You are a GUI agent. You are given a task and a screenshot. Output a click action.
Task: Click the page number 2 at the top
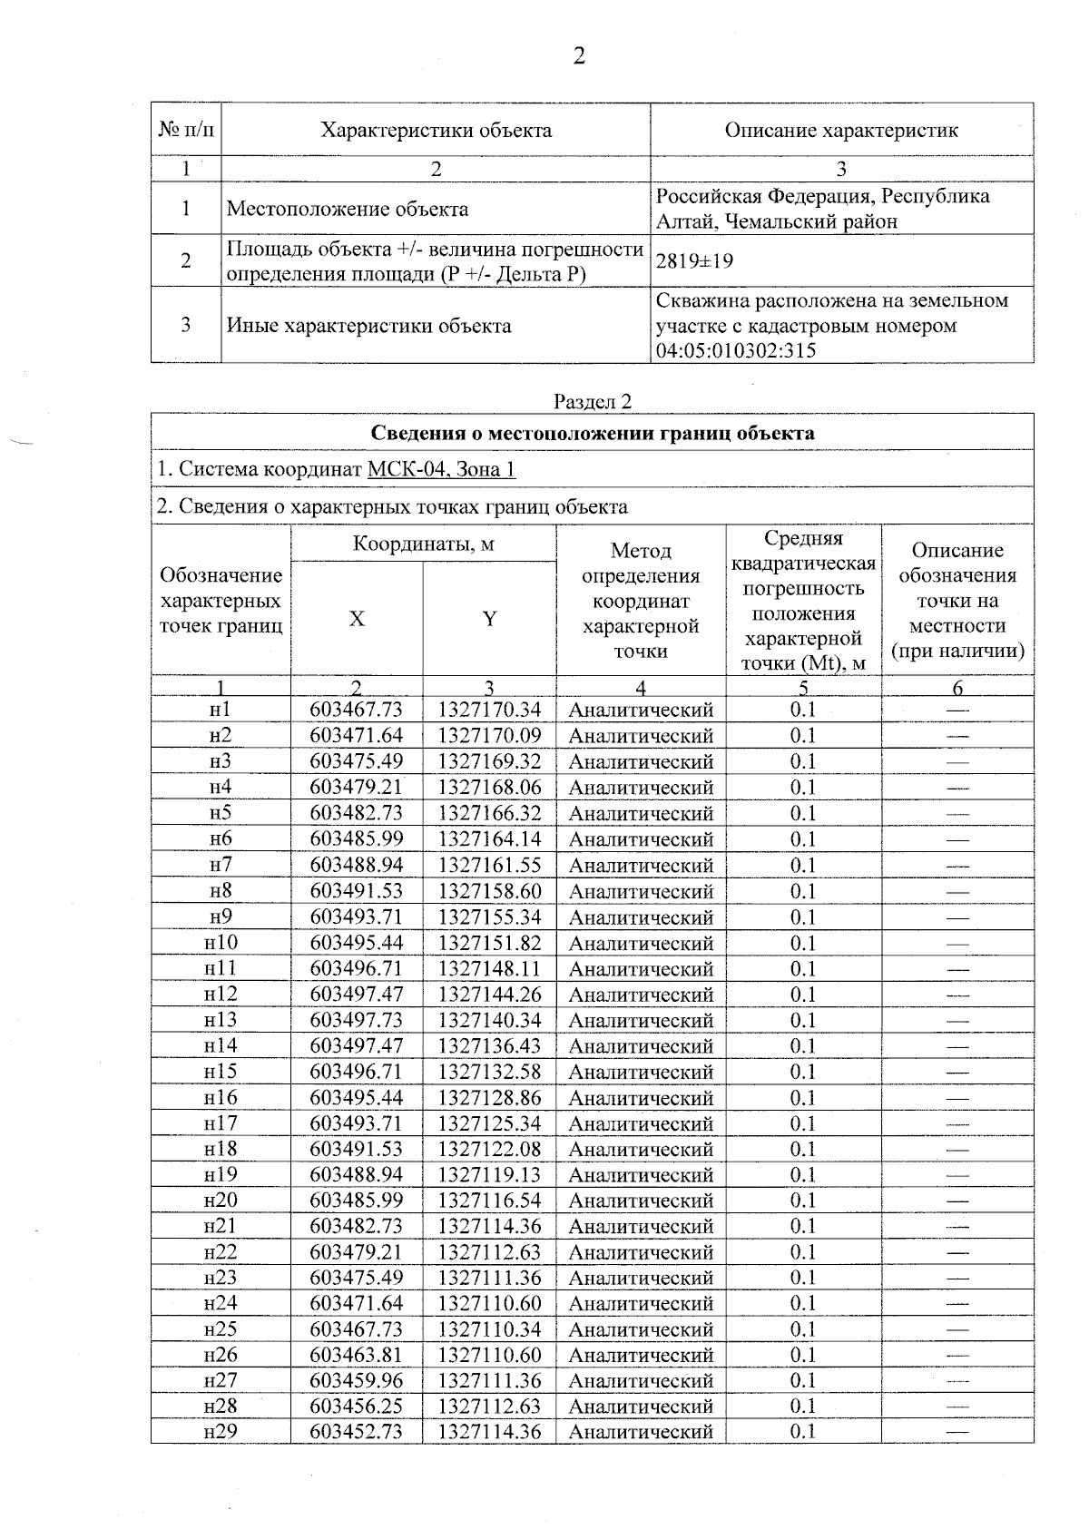[578, 56]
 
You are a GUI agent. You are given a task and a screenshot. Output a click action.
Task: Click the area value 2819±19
[694, 261]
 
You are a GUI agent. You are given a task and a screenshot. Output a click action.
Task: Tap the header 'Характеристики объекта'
[436, 130]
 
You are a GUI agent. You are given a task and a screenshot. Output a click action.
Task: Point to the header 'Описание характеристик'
[840, 130]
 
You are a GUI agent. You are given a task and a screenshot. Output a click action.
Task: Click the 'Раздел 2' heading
[592, 402]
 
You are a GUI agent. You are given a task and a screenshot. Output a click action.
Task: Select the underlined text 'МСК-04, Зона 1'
[441, 469]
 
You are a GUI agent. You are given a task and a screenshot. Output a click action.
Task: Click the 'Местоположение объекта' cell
[347, 209]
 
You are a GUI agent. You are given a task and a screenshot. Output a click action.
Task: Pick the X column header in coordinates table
[357, 619]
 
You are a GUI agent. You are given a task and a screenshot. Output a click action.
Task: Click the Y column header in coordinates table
[489, 619]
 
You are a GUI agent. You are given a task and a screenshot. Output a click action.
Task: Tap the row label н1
[221, 710]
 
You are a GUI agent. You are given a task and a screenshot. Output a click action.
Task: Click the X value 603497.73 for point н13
[356, 1020]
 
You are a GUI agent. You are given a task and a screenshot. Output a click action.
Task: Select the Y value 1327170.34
[489, 710]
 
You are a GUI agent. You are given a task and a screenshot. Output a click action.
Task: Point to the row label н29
[221, 1432]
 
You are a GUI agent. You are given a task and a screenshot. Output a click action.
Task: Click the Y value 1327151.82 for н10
[489, 943]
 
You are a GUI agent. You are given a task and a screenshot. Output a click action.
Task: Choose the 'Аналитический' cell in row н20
[641, 1201]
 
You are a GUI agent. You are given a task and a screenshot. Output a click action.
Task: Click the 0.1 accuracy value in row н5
[803, 813]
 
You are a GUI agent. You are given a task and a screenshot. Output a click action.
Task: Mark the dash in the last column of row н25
[957, 1329]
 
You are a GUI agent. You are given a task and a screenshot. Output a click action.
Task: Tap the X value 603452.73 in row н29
[356, 1432]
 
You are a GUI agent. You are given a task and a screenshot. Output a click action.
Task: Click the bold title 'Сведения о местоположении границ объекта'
[592, 433]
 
